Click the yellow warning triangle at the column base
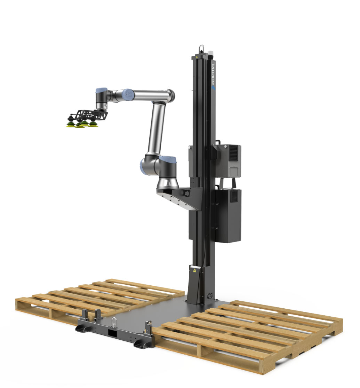(194, 270)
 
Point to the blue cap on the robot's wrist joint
(101, 90)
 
